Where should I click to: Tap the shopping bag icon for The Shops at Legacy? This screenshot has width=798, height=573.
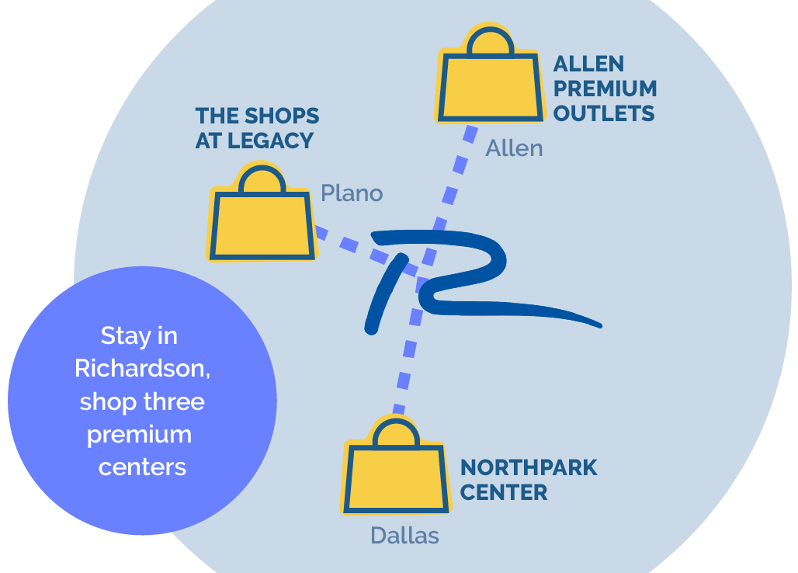coord(262,213)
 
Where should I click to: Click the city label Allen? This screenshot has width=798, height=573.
coord(514,148)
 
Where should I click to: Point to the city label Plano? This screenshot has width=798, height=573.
coord(352,193)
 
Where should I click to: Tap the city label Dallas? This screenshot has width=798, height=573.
coord(404,536)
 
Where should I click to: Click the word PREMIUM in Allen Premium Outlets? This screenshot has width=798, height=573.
coord(605,89)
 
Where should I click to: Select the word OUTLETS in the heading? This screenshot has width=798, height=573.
coord(604,113)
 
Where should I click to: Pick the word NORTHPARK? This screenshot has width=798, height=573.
coord(529,467)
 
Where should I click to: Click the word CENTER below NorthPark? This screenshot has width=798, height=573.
coord(504,492)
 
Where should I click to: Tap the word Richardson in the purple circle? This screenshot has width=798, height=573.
coord(143,369)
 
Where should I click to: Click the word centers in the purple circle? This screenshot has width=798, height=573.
coord(143,467)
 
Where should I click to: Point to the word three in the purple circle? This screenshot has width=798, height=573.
coord(174,401)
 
